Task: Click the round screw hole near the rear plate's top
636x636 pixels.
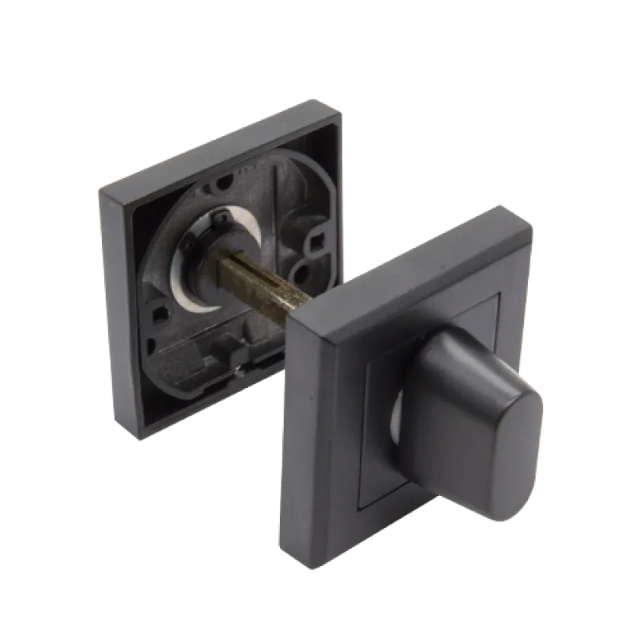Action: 225,184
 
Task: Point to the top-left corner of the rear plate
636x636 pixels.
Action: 99,191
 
